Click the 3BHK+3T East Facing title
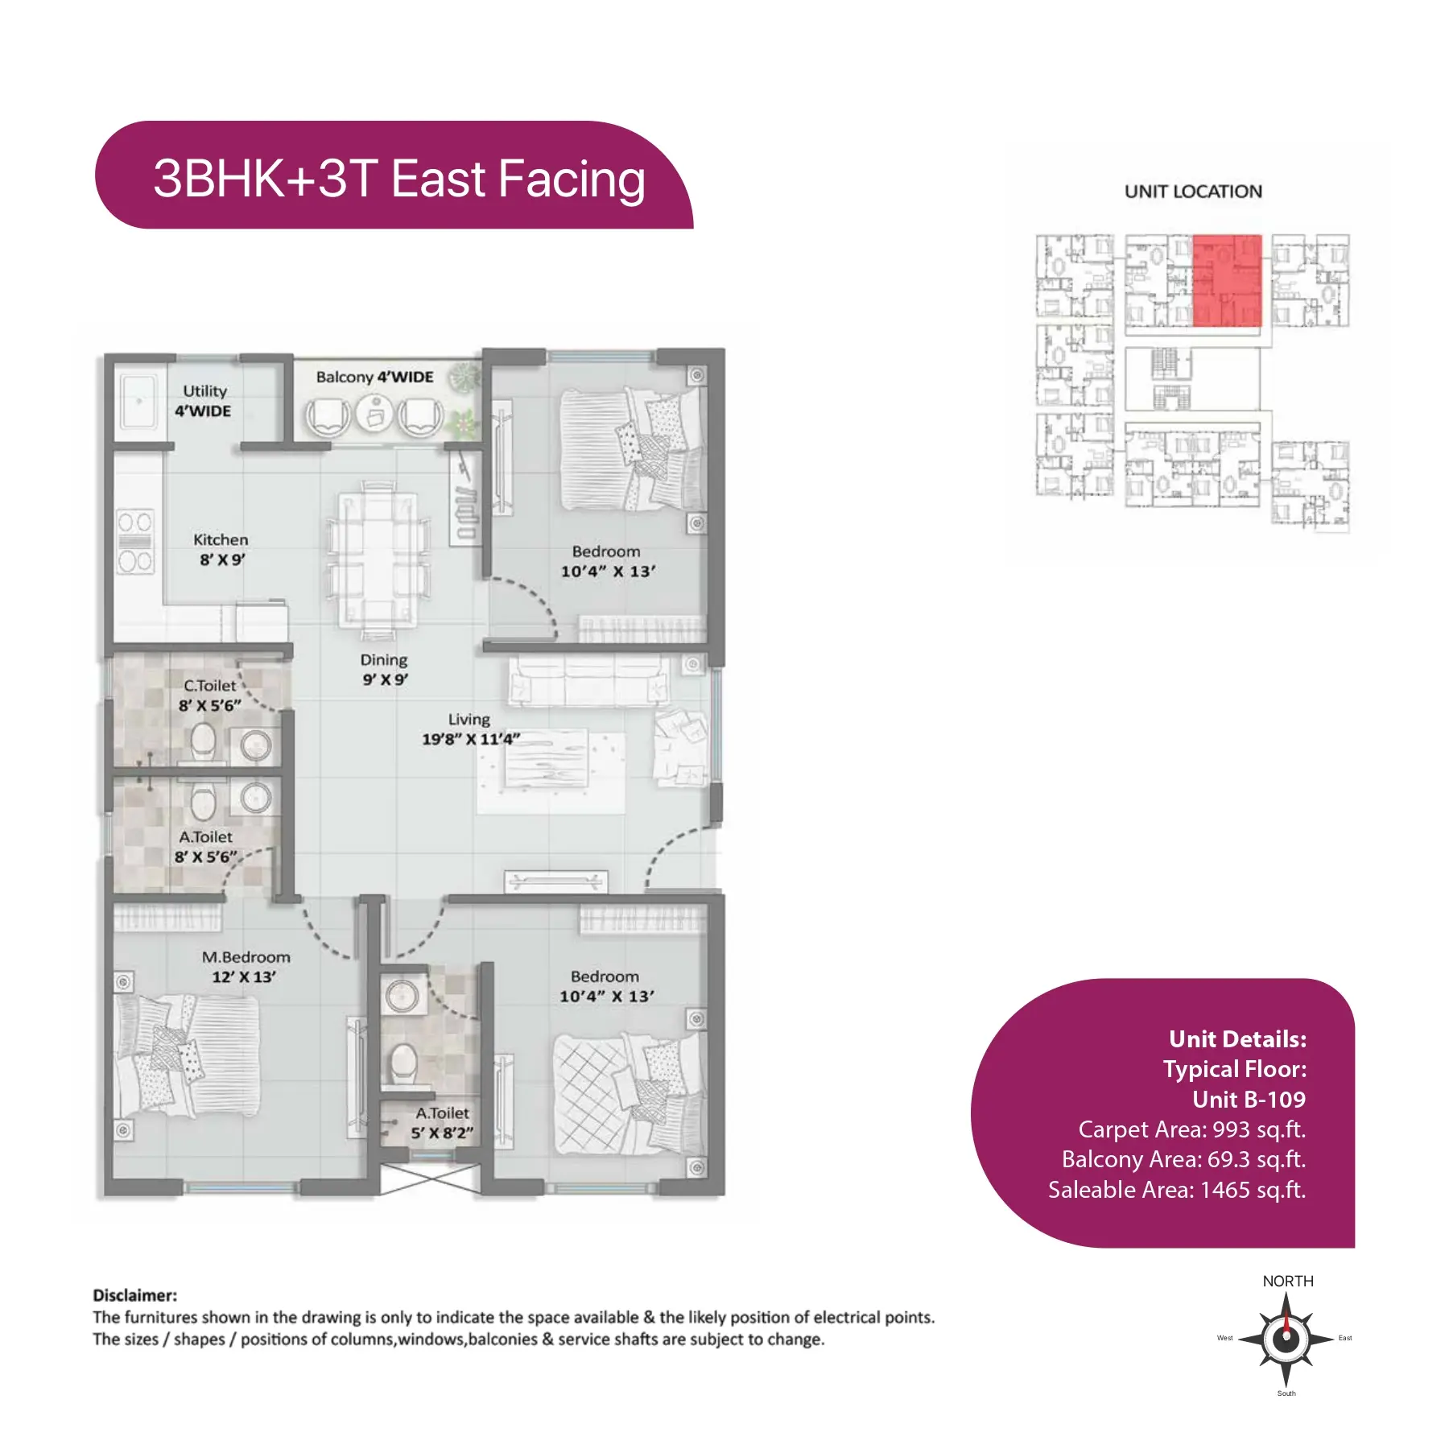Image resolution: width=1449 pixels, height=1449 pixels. [399, 179]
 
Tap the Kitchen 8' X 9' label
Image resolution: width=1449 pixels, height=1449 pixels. [221, 549]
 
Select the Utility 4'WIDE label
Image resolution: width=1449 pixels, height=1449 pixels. [204, 401]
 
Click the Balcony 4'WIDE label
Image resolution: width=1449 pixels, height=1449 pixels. [374, 377]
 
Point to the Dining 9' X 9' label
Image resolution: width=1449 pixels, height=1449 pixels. [384, 669]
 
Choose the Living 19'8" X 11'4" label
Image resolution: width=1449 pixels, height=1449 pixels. [471, 729]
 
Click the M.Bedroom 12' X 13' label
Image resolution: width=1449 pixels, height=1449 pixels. [246, 967]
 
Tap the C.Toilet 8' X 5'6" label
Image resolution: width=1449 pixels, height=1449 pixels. [209, 696]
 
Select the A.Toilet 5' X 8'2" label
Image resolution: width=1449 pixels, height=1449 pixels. [442, 1123]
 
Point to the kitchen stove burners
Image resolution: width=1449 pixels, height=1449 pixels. [135, 542]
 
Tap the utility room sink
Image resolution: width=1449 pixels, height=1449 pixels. [139, 401]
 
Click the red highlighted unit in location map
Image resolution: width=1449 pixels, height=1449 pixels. [1227, 280]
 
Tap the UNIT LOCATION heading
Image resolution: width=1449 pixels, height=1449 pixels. [1193, 192]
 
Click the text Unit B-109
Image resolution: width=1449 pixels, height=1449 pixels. [1249, 1100]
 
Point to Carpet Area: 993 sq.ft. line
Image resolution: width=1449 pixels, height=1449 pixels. [1192, 1129]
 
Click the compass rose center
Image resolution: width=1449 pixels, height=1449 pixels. [1286, 1339]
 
